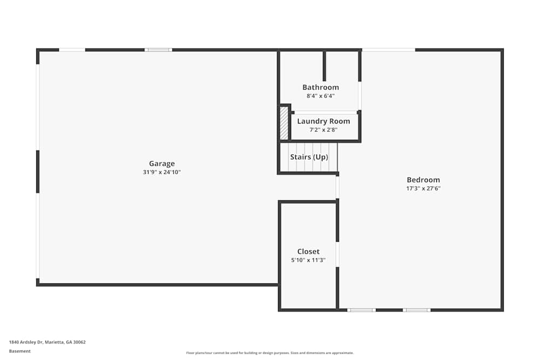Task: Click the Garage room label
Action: [162, 164]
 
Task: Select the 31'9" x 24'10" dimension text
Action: [162, 172]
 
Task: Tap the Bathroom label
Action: [321, 87]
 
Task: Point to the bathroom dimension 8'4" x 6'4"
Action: [321, 96]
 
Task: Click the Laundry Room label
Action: [323, 121]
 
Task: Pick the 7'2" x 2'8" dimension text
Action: [323, 130]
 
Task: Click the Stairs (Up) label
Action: [309, 157]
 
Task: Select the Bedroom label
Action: [423, 180]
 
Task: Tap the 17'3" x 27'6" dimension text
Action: [423, 188]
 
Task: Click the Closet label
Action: [308, 252]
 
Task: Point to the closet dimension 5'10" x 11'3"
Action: [308, 260]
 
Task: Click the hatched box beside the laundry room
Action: [284, 123]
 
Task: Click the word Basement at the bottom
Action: [19, 351]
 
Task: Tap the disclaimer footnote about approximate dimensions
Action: [269, 353]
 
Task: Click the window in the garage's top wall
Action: [158, 50]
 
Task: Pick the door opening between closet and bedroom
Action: [337, 254]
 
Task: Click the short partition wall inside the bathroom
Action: [324, 66]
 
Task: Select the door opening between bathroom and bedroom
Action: [360, 96]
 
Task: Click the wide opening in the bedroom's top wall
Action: [388, 50]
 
